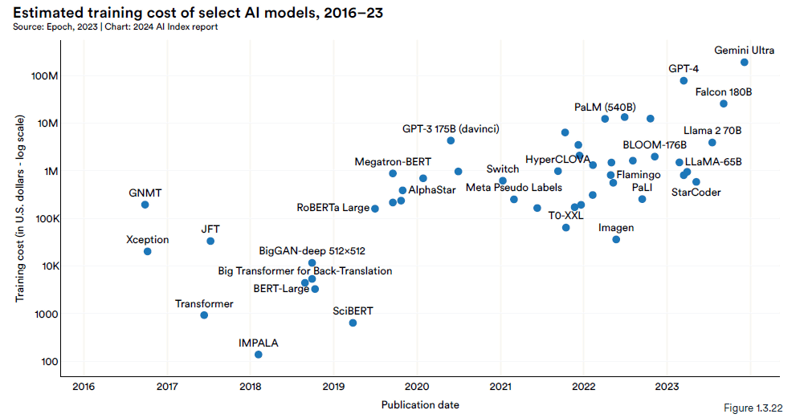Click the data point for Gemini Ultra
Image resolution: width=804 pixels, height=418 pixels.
(745, 63)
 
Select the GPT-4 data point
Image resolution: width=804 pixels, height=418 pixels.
(684, 81)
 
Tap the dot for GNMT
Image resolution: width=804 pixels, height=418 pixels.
(145, 205)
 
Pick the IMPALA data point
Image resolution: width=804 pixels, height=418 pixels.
(259, 355)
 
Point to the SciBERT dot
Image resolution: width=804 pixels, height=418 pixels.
(353, 323)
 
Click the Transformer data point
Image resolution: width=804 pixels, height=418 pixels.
(204, 315)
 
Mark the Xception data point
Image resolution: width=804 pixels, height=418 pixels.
(148, 251)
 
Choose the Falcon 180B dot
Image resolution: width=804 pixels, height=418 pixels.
(724, 103)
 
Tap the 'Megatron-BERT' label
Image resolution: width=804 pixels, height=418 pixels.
(393, 162)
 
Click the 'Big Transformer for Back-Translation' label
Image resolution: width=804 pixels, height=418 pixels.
(305, 271)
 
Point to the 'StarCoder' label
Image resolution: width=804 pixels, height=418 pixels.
(696, 193)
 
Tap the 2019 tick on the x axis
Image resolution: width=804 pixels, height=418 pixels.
(334, 387)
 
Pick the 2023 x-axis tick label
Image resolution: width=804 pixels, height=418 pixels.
(667, 387)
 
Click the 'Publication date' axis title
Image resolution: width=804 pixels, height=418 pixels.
(420, 405)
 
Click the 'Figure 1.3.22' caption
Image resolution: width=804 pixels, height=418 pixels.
(753, 408)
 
